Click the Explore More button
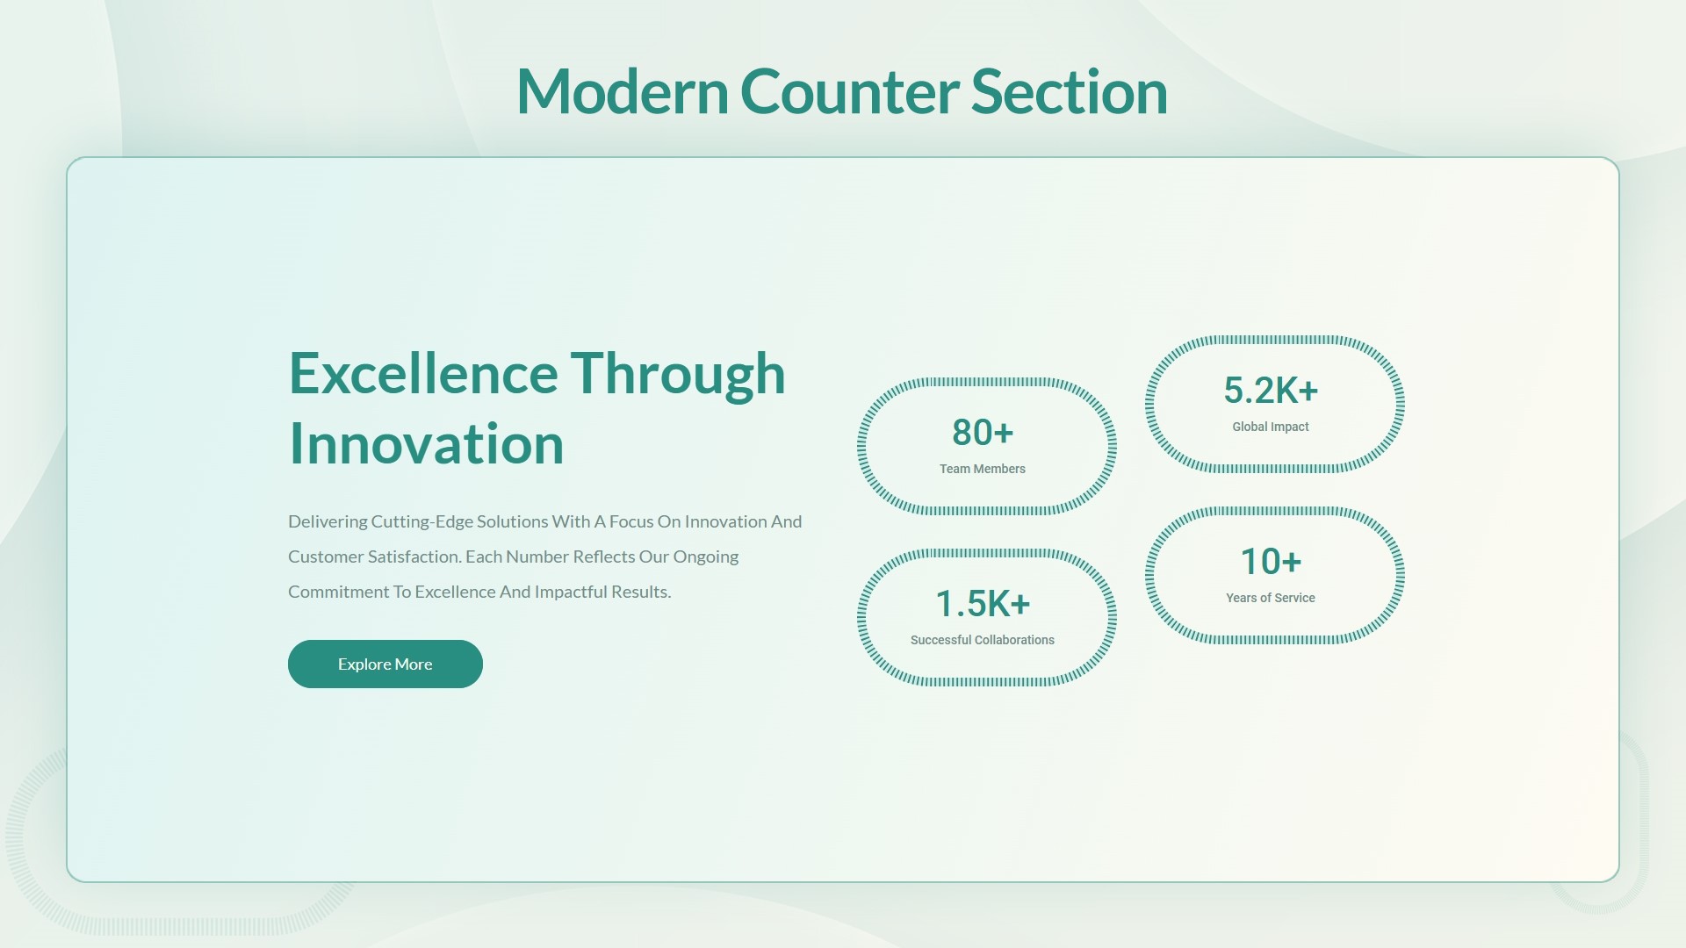385,664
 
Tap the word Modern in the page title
623,91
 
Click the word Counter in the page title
849,91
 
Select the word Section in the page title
1069,91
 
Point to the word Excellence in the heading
423,373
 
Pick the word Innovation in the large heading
427,443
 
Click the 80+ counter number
983,432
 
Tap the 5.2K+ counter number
1271,390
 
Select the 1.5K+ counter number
983,603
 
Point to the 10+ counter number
1271,561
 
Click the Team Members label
983,469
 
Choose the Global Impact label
1271,427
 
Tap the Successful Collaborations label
983,640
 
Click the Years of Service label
1271,598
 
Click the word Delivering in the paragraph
328,521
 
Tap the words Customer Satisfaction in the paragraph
375,557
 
